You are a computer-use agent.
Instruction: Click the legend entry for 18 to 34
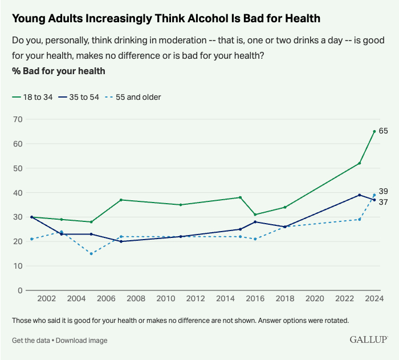click(x=32, y=97)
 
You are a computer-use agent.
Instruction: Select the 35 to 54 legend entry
click(x=79, y=97)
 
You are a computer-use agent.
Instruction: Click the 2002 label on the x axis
click(x=46, y=299)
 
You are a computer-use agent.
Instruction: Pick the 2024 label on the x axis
click(x=374, y=299)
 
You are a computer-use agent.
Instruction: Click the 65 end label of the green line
click(x=384, y=131)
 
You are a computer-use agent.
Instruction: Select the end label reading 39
click(x=384, y=192)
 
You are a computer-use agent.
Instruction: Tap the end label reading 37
click(x=384, y=202)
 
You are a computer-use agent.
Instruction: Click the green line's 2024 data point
click(x=374, y=131)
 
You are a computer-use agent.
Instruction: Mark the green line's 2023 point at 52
click(x=360, y=163)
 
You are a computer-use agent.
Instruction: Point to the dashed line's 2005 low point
click(x=91, y=253)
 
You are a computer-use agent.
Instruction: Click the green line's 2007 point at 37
click(x=121, y=200)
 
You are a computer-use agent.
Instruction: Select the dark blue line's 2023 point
click(x=360, y=195)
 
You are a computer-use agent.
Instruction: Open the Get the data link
click(x=31, y=341)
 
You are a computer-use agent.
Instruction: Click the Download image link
click(x=82, y=341)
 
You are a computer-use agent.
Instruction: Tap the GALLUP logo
click(x=368, y=340)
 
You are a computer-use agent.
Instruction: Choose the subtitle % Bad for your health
click(x=58, y=71)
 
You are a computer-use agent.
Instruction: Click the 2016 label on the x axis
click(x=255, y=299)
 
